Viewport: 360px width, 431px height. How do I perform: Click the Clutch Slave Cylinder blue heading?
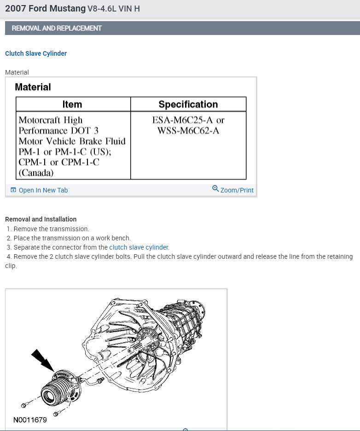click(x=36, y=53)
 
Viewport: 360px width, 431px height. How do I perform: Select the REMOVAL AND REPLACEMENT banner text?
click(x=57, y=28)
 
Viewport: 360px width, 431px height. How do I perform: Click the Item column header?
click(x=72, y=104)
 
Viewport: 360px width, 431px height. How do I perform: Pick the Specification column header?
click(x=188, y=104)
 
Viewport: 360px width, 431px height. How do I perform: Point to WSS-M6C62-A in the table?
click(x=188, y=131)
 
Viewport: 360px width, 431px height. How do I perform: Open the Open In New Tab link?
click(x=43, y=190)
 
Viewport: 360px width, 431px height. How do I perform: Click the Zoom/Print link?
click(x=237, y=190)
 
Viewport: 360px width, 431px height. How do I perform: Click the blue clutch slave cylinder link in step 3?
click(x=139, y=247)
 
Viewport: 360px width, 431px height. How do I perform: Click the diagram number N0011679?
click(x=30, y=419)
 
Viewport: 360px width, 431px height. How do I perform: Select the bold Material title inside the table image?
click(x=33, y=87)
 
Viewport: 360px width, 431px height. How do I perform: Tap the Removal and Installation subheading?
click(x=41, y=219)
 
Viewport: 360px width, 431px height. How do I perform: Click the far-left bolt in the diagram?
click(x=24, y=405)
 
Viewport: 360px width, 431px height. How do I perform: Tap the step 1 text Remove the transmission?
click(x=51, y=229)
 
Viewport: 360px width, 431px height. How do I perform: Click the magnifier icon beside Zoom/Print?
click(x=215, y=189)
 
